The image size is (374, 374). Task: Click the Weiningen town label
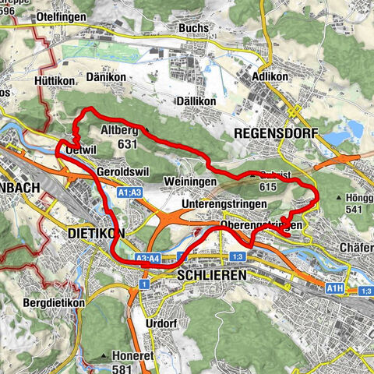point(187,182)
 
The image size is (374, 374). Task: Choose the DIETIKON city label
point(97,233)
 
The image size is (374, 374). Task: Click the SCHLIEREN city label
point(212,275)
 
